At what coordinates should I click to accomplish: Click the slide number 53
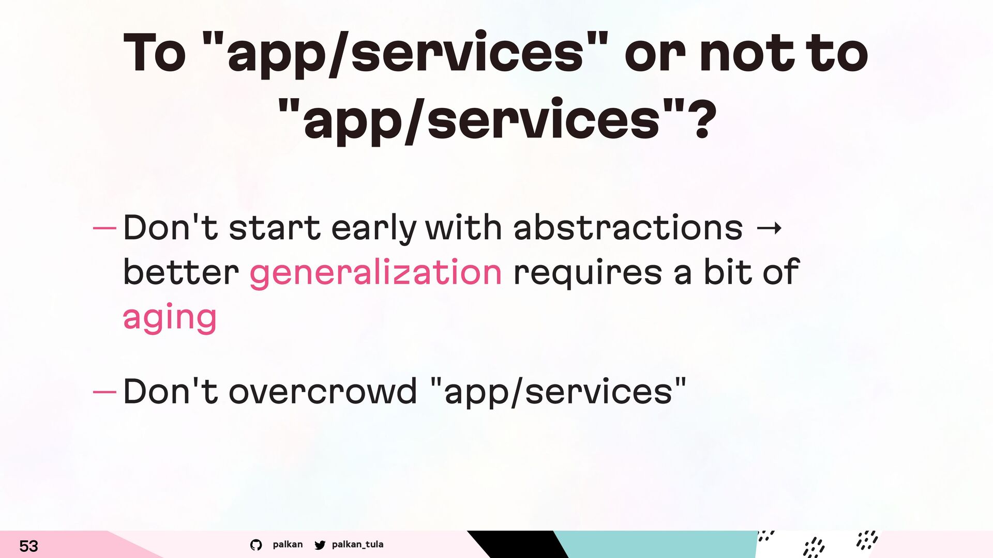[28, 546]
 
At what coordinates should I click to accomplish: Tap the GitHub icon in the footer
[256, 545]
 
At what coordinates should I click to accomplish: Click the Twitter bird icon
[320, 545]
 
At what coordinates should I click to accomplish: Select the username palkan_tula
[357, 544]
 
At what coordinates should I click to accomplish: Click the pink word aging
[170, 318]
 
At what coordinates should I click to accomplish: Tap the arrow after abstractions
[769, 228]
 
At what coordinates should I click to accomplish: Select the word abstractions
[628, 227]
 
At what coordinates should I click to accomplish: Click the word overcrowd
[322, 391]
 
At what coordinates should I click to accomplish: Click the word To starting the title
[155, 52]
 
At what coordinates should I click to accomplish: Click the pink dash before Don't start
[104, 228]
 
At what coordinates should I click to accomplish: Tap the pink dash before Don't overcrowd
[104, 392]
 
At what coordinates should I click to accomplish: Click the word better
[181, 272]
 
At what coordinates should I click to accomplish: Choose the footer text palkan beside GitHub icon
[288, 544]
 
